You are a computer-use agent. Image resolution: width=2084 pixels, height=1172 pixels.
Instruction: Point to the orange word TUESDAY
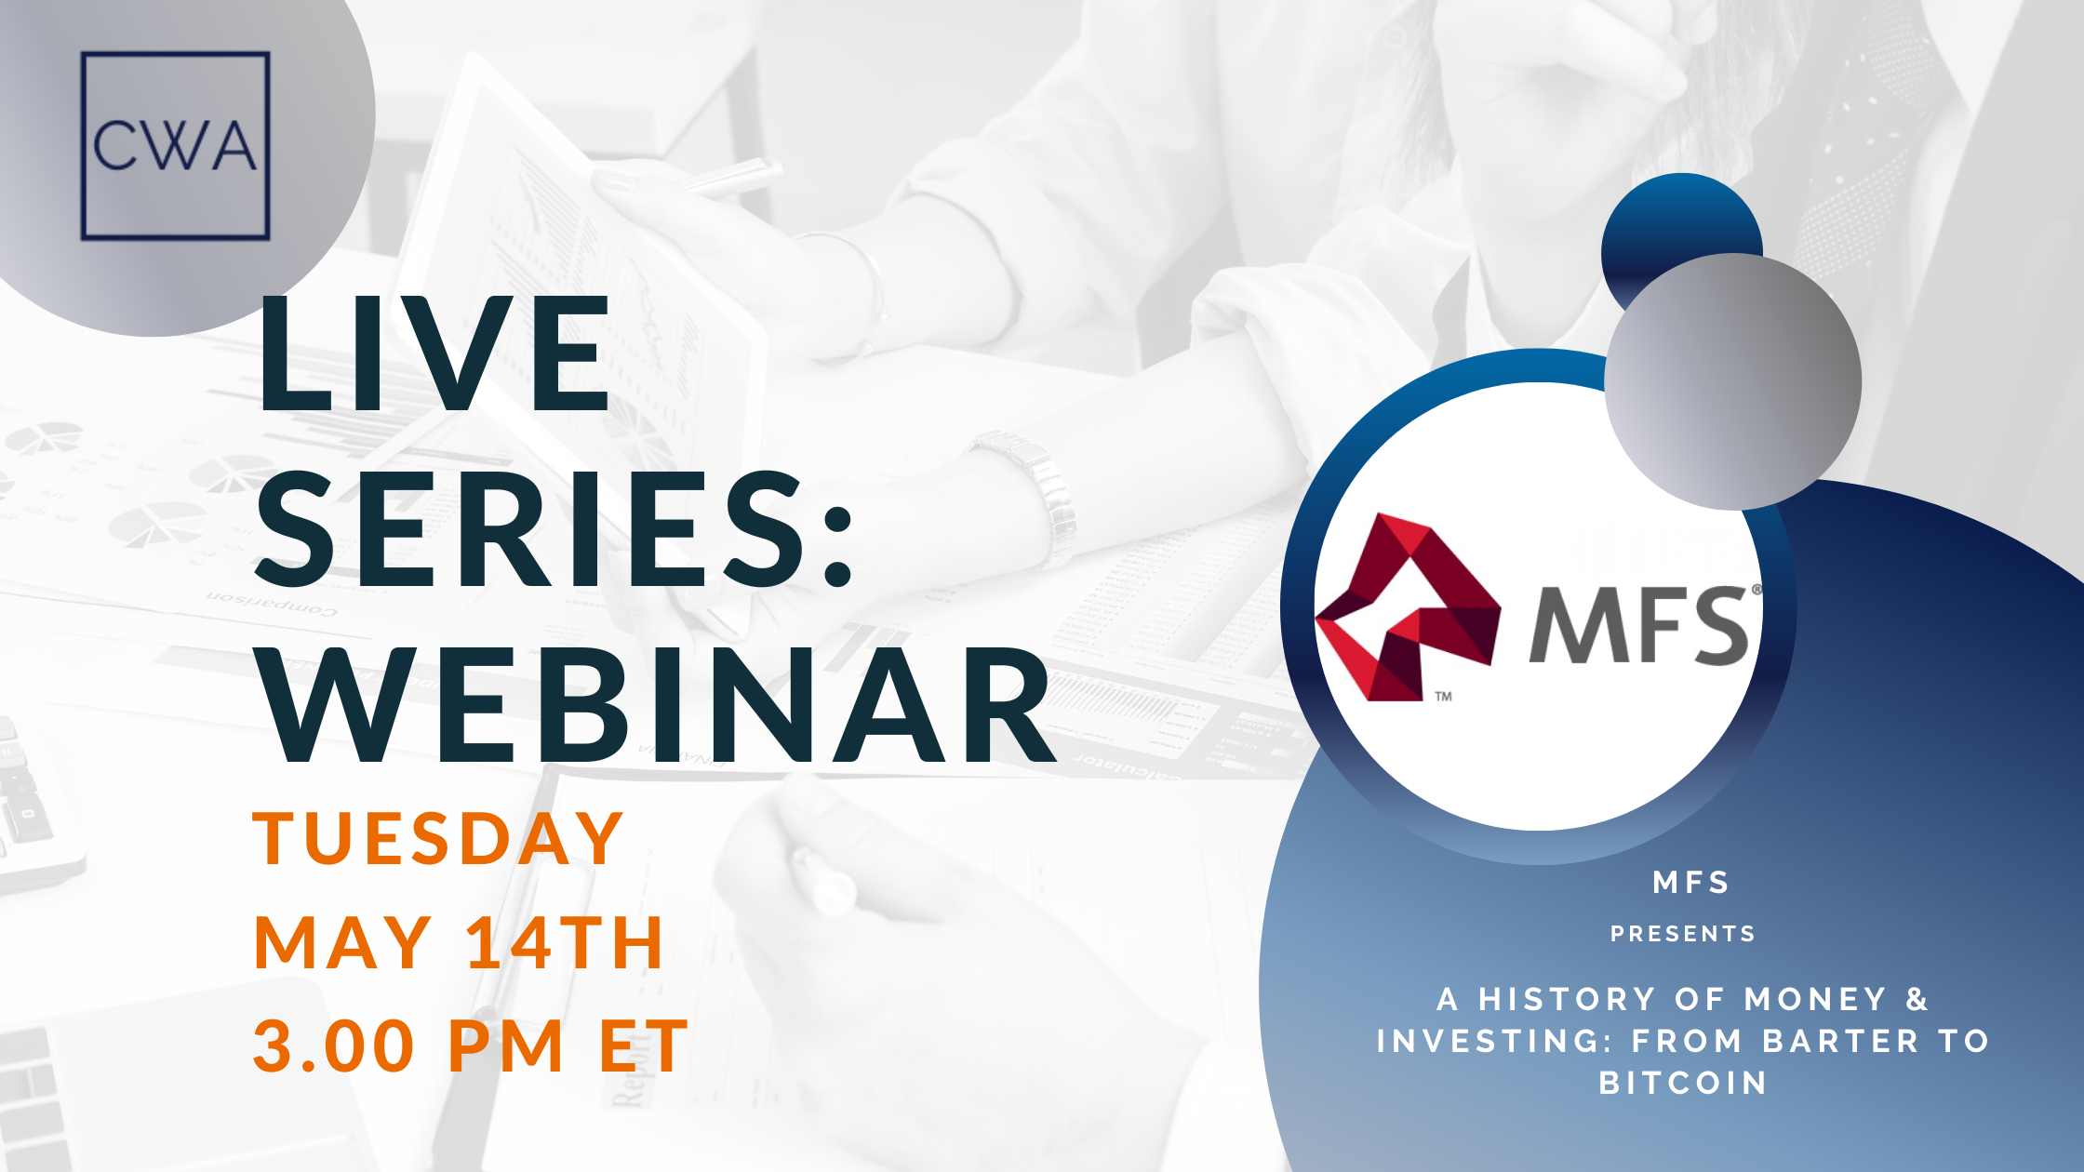pyautogui.click(x=437, y=839)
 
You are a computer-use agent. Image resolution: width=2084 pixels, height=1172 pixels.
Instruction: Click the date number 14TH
pyautogui.click(x=565, y=942)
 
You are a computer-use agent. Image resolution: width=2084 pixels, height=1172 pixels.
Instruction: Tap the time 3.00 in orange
pyautogui.click(x=333, y=1045)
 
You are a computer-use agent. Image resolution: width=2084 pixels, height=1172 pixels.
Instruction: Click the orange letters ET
pyautogui.click(x=643, y=1045)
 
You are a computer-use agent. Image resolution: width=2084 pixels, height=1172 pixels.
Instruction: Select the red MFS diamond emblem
pyautogui.click(x=1408, y=606)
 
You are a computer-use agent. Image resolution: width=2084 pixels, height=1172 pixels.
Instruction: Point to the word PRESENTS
pyautogui.click(x=1683, y=934)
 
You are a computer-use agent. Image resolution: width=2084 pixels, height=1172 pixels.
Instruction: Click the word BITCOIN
pyautogui.click(x=1683, y=1083)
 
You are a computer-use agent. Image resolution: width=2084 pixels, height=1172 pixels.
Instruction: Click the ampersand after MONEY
pyautogui.click(x=1917, y=999)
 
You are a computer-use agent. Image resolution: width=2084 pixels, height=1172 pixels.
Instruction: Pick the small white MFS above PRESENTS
pyautogui.click(x=1691, y=882)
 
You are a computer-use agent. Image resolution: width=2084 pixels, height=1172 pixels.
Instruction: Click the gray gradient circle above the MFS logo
pyautogui.click(x=1732, y=381)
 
